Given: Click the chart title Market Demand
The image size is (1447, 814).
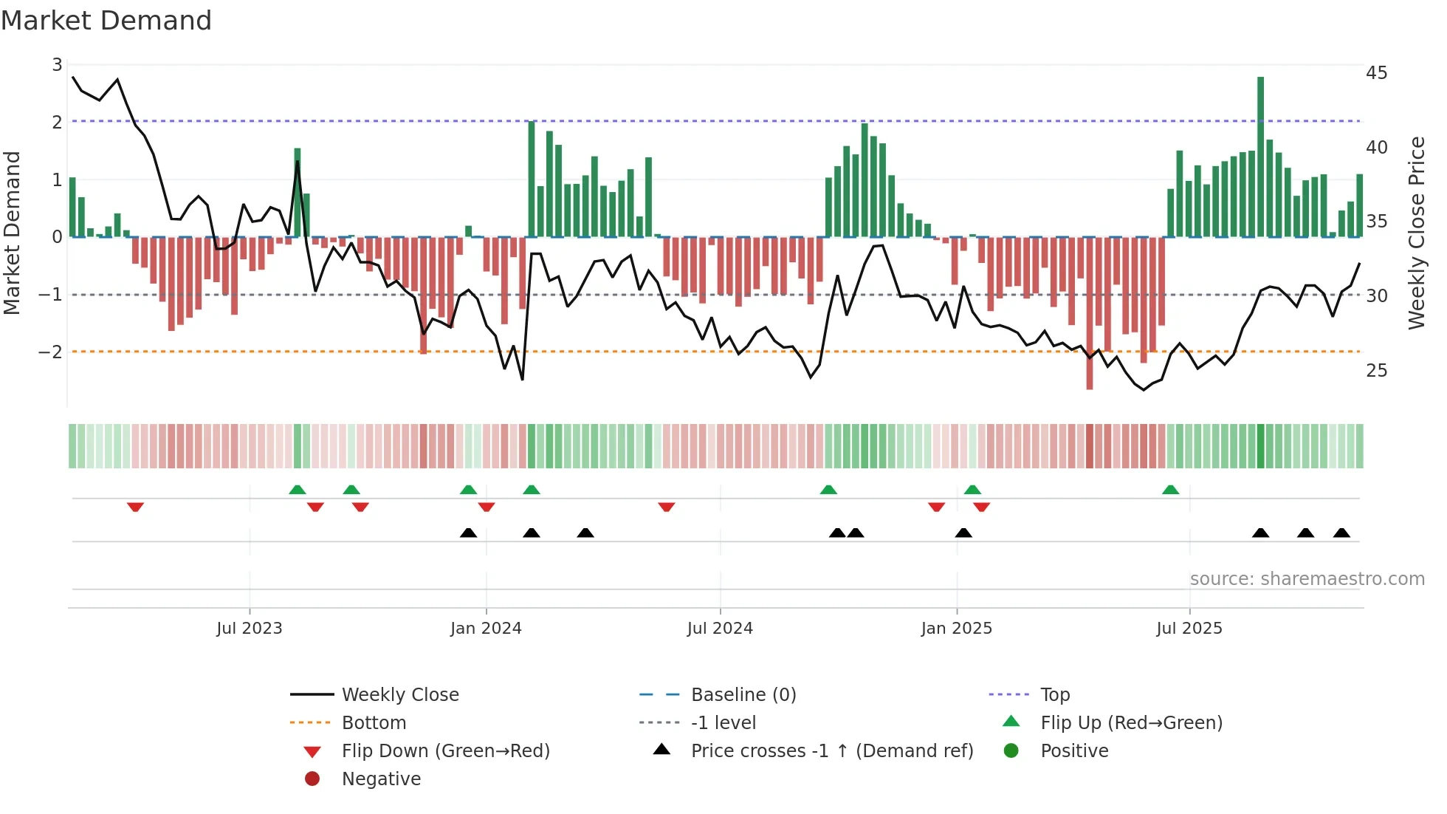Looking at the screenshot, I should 106,21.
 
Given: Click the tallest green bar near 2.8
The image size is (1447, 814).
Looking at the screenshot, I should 1260,157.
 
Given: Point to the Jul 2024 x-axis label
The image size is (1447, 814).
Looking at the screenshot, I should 720,629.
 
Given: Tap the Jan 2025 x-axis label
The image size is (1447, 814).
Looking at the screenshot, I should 956,629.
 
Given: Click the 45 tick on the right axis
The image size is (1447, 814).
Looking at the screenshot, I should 1376,73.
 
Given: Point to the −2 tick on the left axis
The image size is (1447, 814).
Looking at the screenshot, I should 51,352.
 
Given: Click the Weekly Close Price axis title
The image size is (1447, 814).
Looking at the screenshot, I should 1416,233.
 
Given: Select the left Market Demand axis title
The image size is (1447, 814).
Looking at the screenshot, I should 12,233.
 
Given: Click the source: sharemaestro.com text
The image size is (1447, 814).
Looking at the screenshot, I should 1307,579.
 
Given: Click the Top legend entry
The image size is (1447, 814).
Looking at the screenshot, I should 1054,695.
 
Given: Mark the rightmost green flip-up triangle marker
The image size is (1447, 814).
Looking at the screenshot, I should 1170,490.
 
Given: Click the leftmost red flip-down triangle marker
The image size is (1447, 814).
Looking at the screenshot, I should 135,507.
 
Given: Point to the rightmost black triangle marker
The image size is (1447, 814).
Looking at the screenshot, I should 1341,533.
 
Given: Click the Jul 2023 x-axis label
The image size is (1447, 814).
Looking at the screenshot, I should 249,629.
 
